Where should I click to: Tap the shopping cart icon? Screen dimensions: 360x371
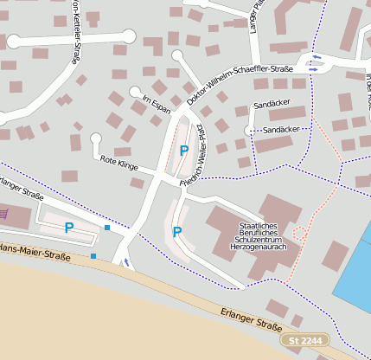pos(4,212)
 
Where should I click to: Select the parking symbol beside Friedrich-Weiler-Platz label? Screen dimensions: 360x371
pos(182,150)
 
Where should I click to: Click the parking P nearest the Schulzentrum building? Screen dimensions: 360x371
pos(177,231)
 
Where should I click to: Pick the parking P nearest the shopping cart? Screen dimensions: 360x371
pos(68,228)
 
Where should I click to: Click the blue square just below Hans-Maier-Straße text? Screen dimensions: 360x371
pos(93,255)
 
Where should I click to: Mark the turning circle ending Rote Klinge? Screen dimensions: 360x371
pos(96,138)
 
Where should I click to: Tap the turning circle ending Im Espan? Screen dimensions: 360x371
pos(134,91)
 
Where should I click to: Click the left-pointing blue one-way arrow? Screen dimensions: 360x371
pos(315,57)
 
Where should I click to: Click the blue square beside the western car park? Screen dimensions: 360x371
pos(107,227)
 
